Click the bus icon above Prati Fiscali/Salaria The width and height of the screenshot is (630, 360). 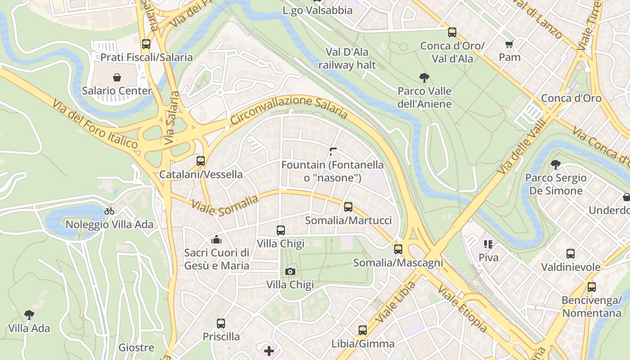pyautogui.click(x=146, y=44)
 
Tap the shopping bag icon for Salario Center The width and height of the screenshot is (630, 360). pyautogui.click(x=117, y=77)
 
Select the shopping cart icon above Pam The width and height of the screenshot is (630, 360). pyautogui.click(x=509, y=44)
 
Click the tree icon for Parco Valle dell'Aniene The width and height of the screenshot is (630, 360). pyautogui.click(x=424, y=78)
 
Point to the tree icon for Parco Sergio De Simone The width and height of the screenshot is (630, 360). pyautogui.click(x=556, y=165)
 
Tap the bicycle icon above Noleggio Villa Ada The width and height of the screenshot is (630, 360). pyautogui.click(x=109, y=211)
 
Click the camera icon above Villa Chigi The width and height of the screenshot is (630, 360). pyautogui.click(x=290, y=271)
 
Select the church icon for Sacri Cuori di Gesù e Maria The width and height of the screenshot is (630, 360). pyautogui.click(x=216, y=239)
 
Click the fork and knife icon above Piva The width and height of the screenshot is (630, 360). pyautogui.click(x=488, y=244)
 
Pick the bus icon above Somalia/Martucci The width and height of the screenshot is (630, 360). pyautogui.click(x=348, y=207)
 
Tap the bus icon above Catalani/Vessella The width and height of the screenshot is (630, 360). pyautogui.click(x=201, y=161)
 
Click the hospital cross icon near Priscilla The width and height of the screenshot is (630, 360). pyautogui.click(x=269, y=351)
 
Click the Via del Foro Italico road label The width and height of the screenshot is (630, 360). pyautogui.click(x=95, y=125)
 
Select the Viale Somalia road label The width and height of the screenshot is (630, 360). pyautogui.click(x=225, y=205)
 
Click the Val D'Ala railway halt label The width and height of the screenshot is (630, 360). pyautogui.click(x=347, y=58)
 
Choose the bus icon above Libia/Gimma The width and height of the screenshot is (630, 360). pyautogui.click(x=363, y=330)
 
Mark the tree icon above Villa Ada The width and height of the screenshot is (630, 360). pyautogui.click(x=29, y=315)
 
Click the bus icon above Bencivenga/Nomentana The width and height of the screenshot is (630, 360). pyautogui.click(x=592, y=287)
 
